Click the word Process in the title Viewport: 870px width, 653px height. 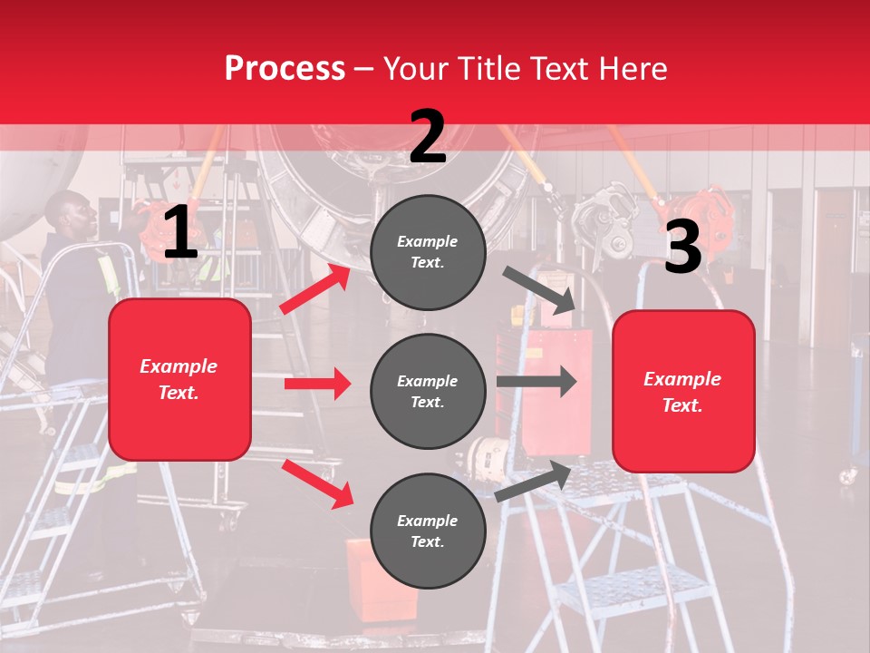pos(285,69)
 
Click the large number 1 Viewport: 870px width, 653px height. pos(180,233)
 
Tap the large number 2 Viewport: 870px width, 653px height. pos(428,138)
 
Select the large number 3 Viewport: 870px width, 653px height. pos(682,248)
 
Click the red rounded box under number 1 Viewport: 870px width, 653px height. pos(179,379)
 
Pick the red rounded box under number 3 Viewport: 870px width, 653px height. pos(683,392)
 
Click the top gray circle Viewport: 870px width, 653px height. pos(428,252)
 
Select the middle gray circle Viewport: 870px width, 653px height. pos(428,391)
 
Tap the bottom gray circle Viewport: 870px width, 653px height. pos(428,531)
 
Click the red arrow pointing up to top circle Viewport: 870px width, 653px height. pos(314,289)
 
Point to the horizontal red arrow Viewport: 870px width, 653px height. pos(316,384)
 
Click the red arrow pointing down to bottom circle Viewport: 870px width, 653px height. pos(317,483)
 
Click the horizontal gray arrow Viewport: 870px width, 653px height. pos(536,381)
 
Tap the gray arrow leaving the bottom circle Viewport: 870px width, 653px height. pos(534,481)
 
